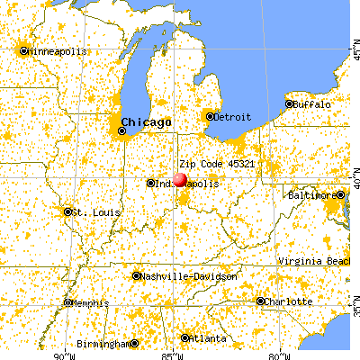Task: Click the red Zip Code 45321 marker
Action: tap(180, 179)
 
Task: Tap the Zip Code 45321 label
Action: tap(211, 165)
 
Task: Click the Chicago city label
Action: tap(144, 121)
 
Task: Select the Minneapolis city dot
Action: tap(24, 50)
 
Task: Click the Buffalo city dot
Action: tap(290, 104)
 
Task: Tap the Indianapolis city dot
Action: tap(150, 183)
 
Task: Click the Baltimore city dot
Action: tap(341, 194)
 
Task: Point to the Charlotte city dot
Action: tap(261, 301)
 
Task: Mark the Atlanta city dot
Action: tap(185, 337)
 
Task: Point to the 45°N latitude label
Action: tap(354, 40)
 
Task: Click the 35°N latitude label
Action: tap(354, 310)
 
